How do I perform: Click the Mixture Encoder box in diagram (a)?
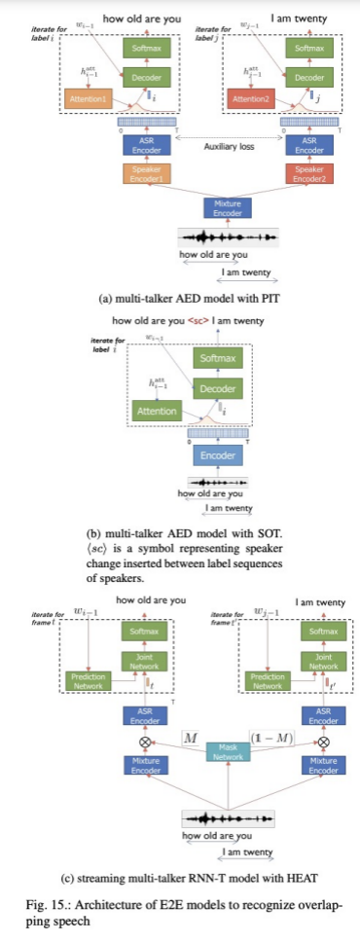coord(225,207)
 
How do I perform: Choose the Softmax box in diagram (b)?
coord(217,359)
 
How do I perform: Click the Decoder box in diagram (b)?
coord(217,389)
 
